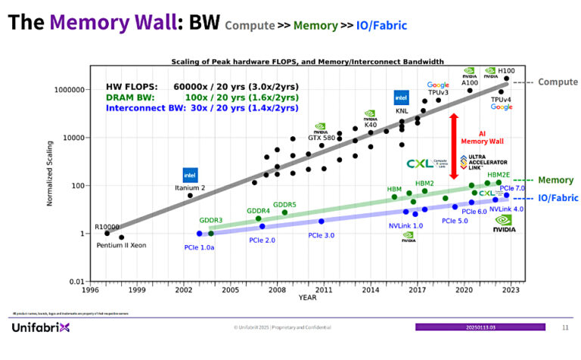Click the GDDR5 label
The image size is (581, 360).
tap(284, 204)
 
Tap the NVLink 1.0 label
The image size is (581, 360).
tap(405, 225)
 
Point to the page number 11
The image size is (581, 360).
tap(565, 327)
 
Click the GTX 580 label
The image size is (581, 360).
tap(322, 138)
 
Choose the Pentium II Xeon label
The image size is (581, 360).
tap(121, 246)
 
